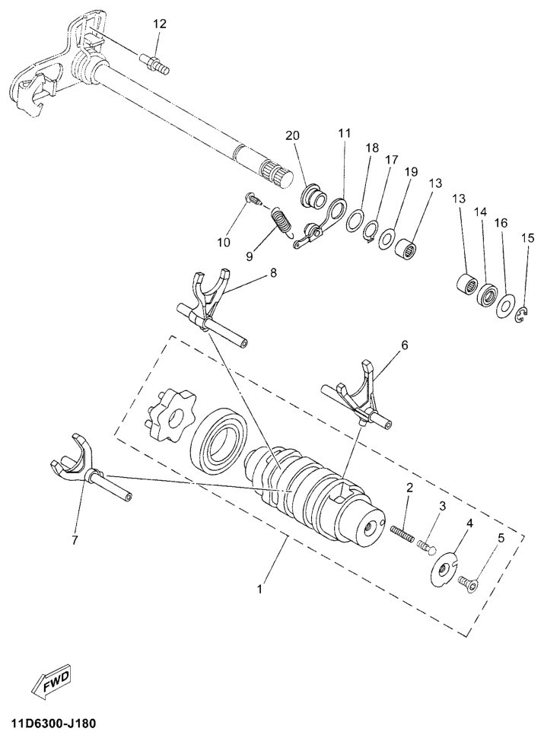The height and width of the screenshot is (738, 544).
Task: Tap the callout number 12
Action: pos(160,24)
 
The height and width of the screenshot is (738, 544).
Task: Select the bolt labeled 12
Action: pos(154,64)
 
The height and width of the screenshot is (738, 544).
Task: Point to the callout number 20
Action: pos(291,135)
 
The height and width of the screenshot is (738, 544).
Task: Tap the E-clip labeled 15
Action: pos(523,315)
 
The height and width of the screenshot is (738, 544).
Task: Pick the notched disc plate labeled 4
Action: pos(444,569)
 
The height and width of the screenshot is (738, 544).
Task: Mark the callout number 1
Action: pos(260,588)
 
